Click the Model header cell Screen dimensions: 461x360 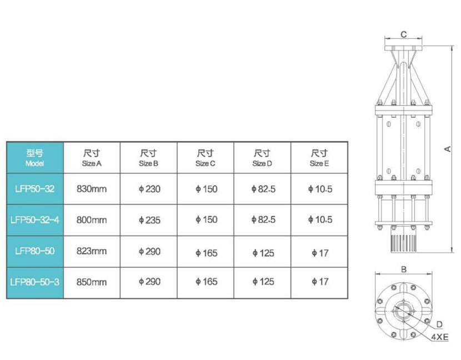pos(34,158)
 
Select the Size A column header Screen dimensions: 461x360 pos(92,158)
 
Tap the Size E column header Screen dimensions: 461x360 pos(319,158)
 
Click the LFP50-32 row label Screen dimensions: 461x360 pos(34,189)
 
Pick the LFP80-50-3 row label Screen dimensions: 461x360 pos(34,282)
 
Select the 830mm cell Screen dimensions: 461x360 pos(92,189)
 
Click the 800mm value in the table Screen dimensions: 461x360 pos(92,220)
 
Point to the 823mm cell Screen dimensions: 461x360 pos(92,251)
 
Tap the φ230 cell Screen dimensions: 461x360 pos(149,189)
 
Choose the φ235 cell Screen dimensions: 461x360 pos(149,220)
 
